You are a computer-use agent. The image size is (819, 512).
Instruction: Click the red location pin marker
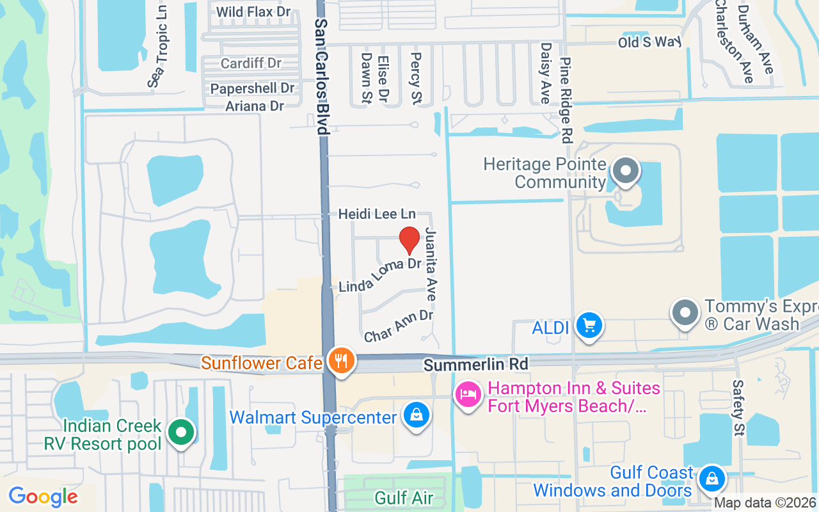click(x=409, y=240)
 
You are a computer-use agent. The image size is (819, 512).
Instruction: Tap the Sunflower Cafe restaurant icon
click(x=342, y=362)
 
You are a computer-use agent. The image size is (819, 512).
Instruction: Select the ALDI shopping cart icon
click(x=589, y=326)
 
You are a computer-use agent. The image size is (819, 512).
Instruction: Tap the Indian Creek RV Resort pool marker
click(x=181, y=432)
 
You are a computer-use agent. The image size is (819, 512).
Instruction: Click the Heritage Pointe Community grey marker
click(x=625, y=171)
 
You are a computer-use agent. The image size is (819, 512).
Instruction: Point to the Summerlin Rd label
click(x=476, y=364)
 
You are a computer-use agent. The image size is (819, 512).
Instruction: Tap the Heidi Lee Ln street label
click(x=377, y=214)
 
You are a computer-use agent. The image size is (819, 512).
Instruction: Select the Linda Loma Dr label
click(x=379, y=275)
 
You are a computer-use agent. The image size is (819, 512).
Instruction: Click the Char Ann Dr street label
click(x=398, y=326)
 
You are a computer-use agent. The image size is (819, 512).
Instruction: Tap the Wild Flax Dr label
click(x=253, y=12)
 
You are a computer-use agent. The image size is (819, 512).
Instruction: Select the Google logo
click(x=43, y=497)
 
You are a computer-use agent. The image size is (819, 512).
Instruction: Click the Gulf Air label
click(x=404, y=497)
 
